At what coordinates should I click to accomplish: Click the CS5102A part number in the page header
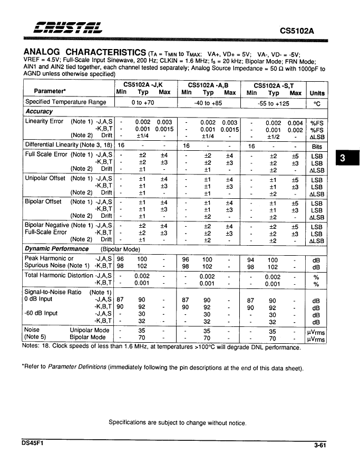[297, 31]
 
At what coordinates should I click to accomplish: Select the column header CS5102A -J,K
[143, 84]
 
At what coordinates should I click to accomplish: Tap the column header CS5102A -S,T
[274, 84]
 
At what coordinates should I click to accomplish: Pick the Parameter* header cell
[50, 91]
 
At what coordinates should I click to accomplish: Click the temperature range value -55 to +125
[273, 103]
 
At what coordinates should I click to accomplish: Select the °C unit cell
[317, 103]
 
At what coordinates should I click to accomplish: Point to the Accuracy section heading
[40, 112]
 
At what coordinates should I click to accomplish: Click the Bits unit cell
[317, 147]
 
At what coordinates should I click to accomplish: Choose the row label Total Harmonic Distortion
[59, 275]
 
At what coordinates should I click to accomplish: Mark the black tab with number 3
[342, 158]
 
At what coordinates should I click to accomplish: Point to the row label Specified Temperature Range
[66, 102]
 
